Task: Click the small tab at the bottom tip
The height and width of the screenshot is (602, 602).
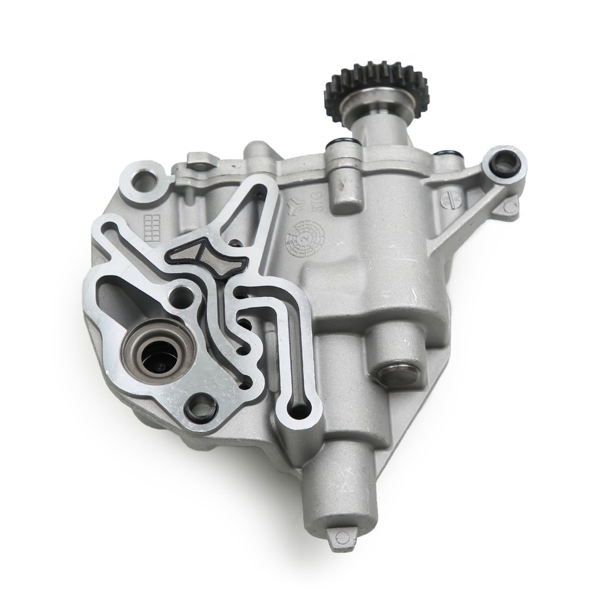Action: point(342,537)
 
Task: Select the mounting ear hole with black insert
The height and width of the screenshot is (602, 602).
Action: point(505,163)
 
